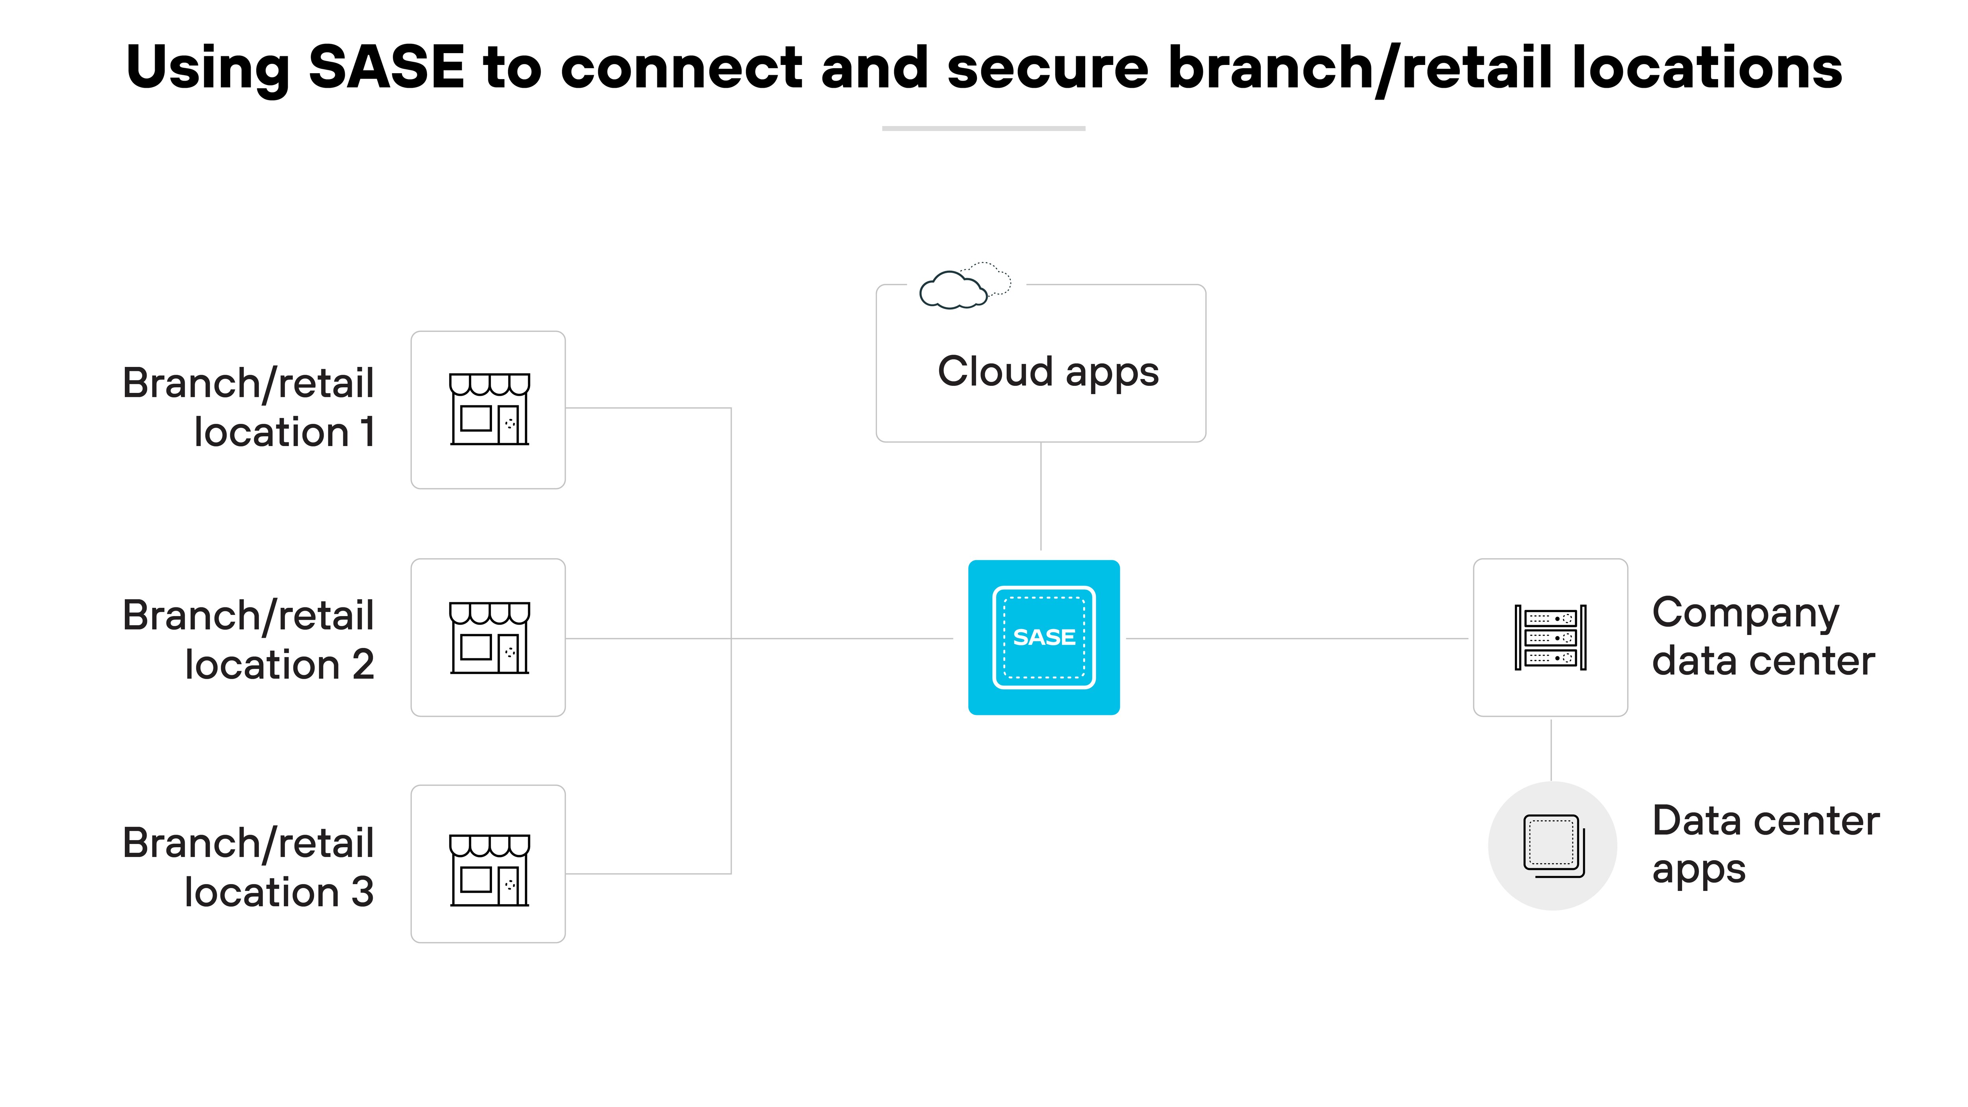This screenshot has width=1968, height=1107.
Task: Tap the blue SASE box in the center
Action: [x=1043, y=637]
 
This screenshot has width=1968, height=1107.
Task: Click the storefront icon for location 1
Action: [x=489, y=409]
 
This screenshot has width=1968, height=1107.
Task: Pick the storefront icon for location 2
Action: [x=489, y=637]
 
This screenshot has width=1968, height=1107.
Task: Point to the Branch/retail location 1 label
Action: [x=248, y=407]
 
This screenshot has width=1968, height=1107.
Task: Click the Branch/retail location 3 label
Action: [x=248, y=867]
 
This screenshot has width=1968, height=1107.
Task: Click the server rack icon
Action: [x=1550, y=637]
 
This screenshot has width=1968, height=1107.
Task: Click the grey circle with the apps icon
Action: [x=1552, y=846]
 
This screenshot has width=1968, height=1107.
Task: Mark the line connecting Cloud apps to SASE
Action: [x=1041, y=496]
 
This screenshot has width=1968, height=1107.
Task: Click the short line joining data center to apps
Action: [x=1551, y=749]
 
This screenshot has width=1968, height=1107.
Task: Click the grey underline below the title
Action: [x=983, y=128]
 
